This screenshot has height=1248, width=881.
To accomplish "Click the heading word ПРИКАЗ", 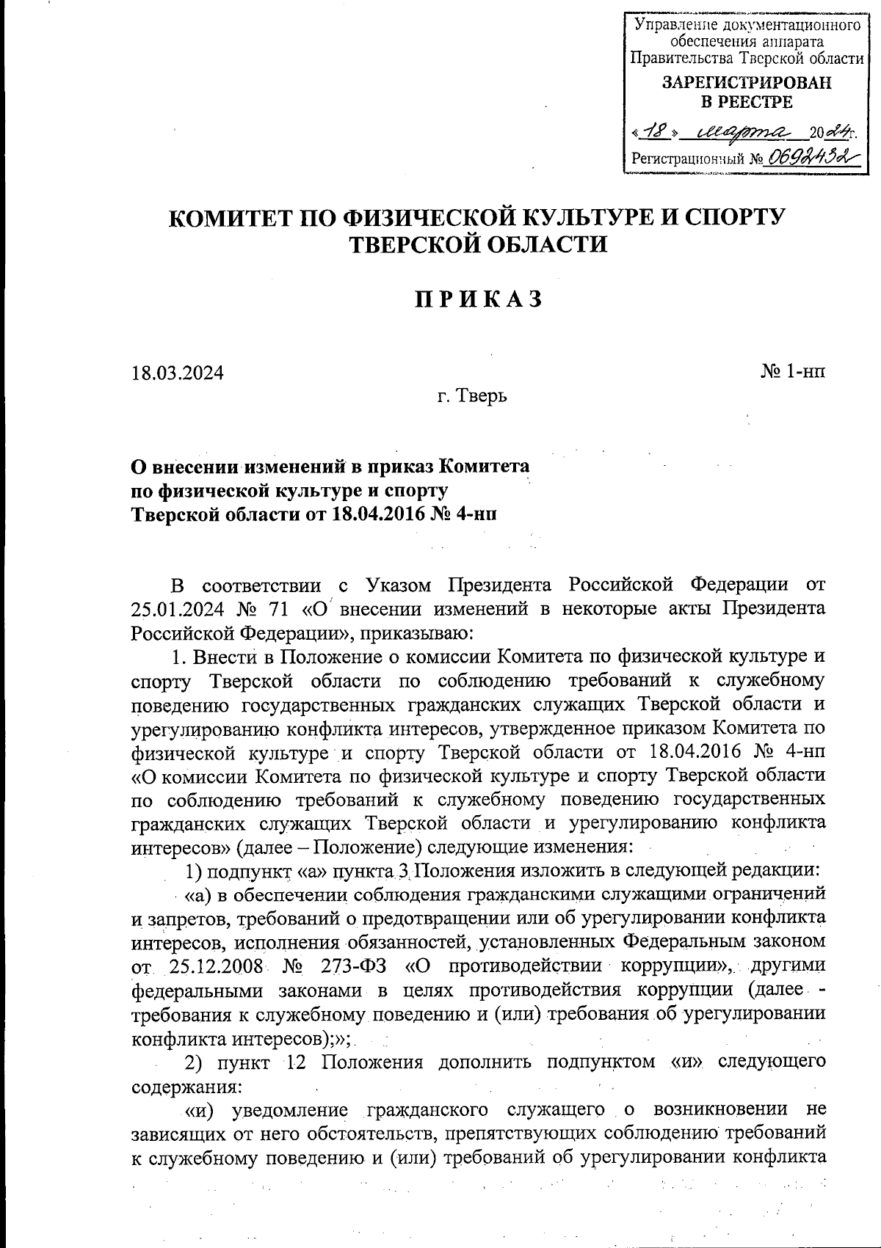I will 479,300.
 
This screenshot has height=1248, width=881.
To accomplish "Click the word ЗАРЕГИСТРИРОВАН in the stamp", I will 747,83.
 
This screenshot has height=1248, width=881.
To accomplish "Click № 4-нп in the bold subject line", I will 468,513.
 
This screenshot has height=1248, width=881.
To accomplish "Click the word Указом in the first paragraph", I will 397,585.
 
